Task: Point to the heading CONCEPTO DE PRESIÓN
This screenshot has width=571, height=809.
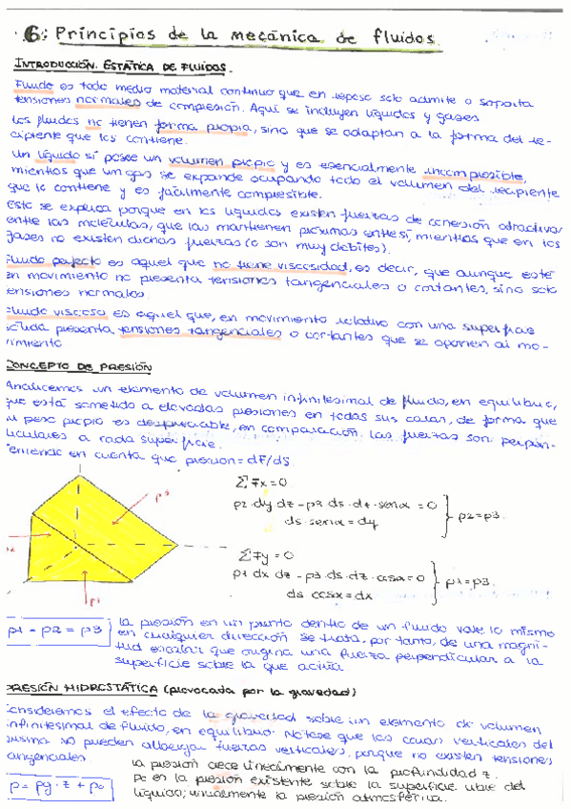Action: coord(62,365)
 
